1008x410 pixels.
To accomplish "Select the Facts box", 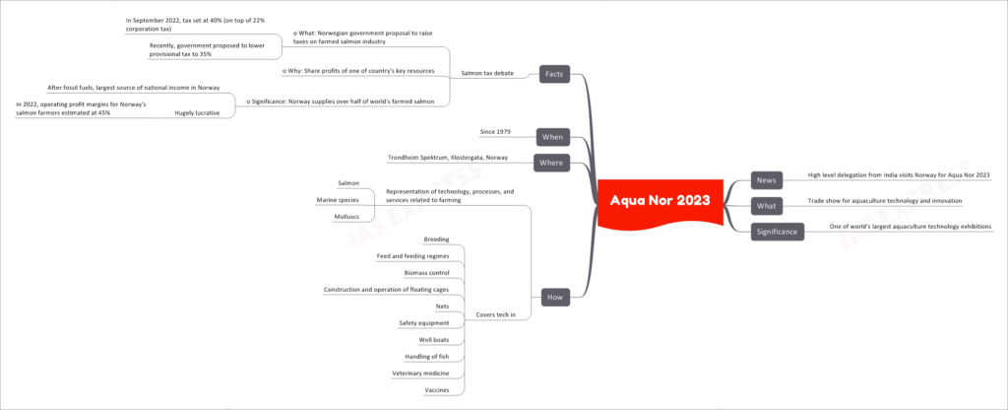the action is pyautogui.click(x=554, y=75).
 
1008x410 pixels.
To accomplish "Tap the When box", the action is pyautogui.click(x=553, y=136).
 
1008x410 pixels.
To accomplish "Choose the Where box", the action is pyautogui.click(x=551, y=163).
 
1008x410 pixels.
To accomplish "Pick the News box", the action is pyautogui.click(x=766, y=180).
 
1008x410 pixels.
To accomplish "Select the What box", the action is pyautogui.click(x=766, y=206).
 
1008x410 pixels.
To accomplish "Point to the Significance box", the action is pyautogui.click(x=778, y=231).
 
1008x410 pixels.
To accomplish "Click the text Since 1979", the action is pyautogui.click(x=495, y=132).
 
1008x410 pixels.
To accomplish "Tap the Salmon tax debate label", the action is pyautogui.click(x=488, y=73).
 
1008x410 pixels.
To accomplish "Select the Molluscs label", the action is pyautogui.click(x=346, y=217).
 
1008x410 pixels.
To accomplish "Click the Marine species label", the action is pyautogui.click(x=338, y=200).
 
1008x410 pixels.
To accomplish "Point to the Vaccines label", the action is pyautogui.click(x=436, y=390).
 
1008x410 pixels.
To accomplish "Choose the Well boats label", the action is pyautogui.click(x=433, y=340).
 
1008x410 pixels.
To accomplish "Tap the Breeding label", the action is pyautogui.click(x=436, y=240).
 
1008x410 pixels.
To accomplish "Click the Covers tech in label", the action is pyautogui.click(x=494, y=314).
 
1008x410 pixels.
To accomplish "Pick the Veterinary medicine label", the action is pyautogui.click(x=420, y=374).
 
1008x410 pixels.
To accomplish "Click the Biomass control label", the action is pyautogui.click(x=426, y=273).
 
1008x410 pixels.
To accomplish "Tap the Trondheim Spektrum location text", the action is pyautogui.click(x=448, y=158).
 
